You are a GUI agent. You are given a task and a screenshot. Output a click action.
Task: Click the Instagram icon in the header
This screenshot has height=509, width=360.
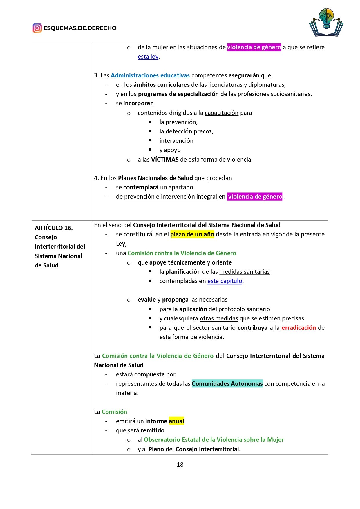point(37,28)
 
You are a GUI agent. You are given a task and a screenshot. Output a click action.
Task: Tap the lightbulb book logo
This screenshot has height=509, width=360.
point(326,22)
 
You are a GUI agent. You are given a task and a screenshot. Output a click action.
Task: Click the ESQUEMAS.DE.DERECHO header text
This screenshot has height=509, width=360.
point(80,28)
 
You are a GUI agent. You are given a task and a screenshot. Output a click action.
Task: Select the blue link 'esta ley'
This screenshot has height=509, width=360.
point(148,57)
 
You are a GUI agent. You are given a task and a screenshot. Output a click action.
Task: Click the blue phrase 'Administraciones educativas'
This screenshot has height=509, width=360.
point(150,75)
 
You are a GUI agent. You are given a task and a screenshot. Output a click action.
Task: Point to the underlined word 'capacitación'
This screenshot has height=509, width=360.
point(221,113)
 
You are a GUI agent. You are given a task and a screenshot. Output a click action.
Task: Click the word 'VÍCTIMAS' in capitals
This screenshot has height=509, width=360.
point(165,160)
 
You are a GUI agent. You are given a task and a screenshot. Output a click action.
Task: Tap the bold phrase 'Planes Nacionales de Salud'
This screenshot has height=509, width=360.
point(155,178)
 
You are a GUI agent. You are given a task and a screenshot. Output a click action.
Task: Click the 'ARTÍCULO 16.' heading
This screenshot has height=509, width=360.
point(54,228)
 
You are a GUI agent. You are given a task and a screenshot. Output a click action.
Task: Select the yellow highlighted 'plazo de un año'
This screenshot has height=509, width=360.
point(192,234)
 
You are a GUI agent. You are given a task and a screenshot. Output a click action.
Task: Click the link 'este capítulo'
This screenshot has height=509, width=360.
point(225,281)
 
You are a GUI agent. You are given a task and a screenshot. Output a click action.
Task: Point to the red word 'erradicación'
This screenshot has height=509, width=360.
point(299,328)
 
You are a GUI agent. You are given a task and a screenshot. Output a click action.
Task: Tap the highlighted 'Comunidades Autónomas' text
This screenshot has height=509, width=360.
point(227,384)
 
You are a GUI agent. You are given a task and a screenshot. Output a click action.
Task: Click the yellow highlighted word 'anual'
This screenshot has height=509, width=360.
point(176,421)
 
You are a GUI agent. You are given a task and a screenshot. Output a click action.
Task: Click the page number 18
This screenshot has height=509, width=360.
point(180,465)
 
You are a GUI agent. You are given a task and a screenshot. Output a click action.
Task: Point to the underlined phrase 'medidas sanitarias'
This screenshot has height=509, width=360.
point(244,272)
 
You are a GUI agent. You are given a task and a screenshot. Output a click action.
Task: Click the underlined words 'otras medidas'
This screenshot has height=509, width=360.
point(219,318)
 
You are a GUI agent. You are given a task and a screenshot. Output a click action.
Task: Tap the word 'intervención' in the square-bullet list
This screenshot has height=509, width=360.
point(176,141)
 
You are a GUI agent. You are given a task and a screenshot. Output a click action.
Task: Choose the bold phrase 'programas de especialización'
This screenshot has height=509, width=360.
point(178,94)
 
